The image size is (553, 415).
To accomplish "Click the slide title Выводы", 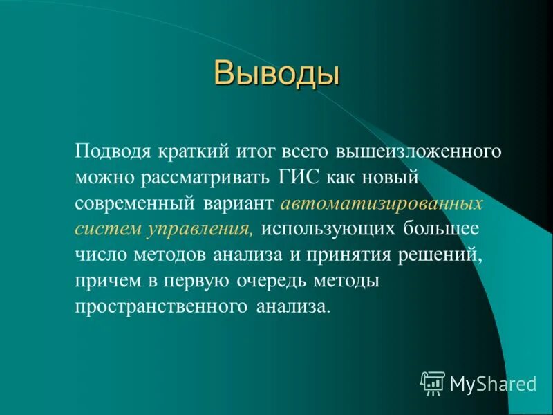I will pos(276,73).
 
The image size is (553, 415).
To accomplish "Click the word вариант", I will pos(241,203).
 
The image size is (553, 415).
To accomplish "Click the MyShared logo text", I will pos(493,382).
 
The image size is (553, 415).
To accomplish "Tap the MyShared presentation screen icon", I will pos(433,382).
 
